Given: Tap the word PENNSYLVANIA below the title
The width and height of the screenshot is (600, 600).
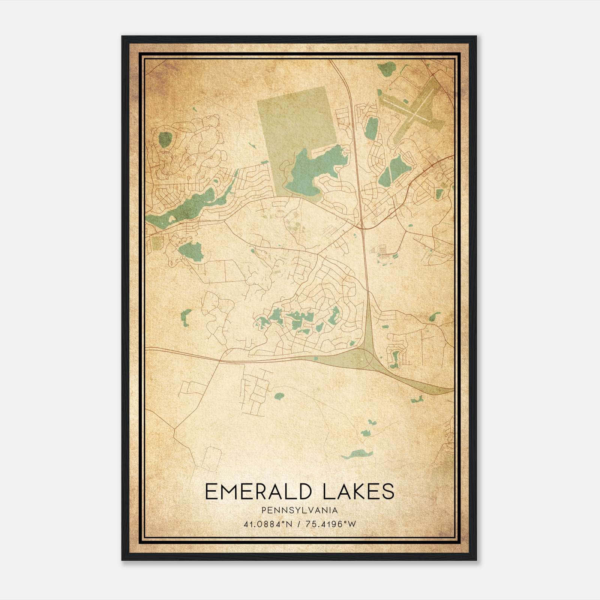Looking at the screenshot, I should click(x=300, y=510).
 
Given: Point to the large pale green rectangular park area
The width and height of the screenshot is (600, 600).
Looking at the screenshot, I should click(x=296, y=120).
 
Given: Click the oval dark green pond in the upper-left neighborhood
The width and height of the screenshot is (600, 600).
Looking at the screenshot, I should click(x=165, y=139).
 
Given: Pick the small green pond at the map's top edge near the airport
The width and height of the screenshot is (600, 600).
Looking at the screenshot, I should click(x=386, y=69).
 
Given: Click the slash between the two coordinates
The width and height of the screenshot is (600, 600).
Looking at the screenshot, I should click(x=299, y=524).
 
